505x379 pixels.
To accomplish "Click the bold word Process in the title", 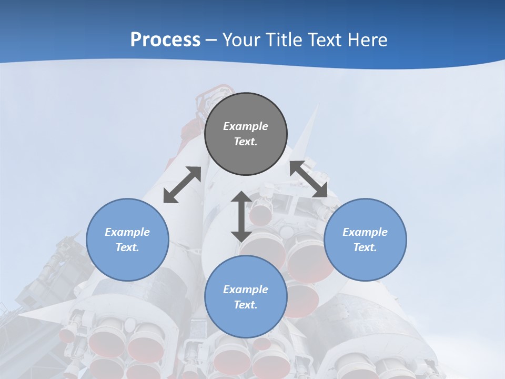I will [165, 40].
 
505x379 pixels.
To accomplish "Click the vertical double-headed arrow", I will [241, 216].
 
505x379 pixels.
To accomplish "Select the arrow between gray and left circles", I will [182, 185].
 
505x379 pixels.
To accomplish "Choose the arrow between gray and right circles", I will [309, 179].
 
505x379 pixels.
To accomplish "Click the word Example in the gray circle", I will [246, 126].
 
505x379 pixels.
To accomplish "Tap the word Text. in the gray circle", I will [246, 142].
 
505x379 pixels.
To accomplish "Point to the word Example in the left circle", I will [127, 232].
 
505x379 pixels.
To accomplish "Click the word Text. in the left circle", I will [127, 247].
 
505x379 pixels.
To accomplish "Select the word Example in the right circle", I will [365, 232].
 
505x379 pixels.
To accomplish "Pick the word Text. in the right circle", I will [365, 247].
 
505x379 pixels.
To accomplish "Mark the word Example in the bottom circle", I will [246, 290].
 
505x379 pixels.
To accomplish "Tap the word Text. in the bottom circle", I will [246, 305].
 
